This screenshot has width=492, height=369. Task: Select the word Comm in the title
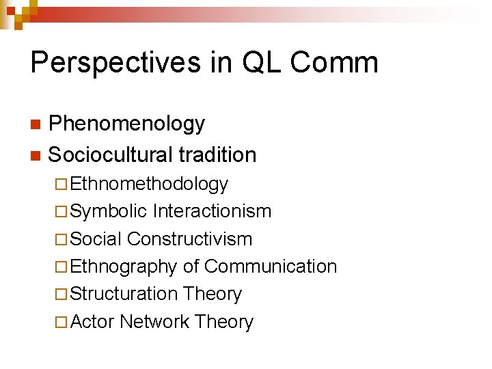coord(334,63)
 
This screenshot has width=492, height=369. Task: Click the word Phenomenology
coord(126,124)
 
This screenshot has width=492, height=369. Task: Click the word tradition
coord(217,155)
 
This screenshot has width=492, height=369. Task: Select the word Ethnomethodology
coord(149,184)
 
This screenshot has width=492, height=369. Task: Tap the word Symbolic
coord(109,212)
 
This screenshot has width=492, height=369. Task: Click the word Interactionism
coord(213,212)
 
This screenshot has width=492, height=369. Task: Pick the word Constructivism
coord(190,239)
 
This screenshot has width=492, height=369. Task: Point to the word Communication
coord(271,266)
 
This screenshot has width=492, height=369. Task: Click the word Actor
coord(92,322)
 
